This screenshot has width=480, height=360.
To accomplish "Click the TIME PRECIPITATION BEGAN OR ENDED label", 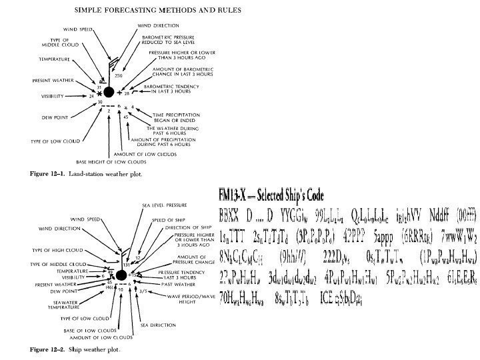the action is (x=169, y=115).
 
